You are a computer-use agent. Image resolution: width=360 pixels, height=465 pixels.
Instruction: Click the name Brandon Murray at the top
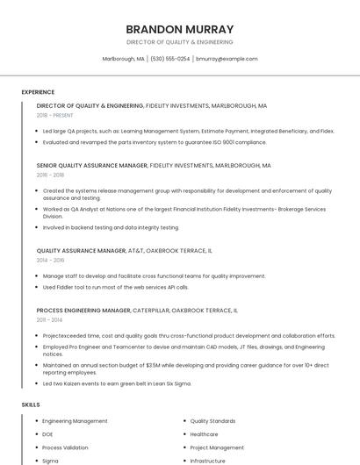click(179, 29)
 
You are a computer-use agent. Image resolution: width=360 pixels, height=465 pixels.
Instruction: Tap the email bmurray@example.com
click(227, 59)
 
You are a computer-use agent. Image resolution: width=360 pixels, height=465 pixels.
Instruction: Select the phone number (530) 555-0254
click(170, 59)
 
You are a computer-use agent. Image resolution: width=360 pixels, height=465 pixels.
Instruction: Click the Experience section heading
click(38, 92)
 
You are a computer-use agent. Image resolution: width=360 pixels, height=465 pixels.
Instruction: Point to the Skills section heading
click(30, 404)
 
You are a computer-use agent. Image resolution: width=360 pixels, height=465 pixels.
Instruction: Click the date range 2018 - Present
click(55, 115)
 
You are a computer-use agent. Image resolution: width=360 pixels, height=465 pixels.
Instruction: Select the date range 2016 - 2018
click(50, 175)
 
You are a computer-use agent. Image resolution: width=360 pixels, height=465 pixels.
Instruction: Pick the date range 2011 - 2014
click(49, 319)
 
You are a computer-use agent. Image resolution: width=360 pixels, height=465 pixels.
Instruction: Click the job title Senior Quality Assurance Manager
click(92, 165)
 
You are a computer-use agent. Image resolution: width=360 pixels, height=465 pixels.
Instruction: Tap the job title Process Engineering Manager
click(83, 310)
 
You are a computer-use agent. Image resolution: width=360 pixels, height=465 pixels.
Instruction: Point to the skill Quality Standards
click(212, 421)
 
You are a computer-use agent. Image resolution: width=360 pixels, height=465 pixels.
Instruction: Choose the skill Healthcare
click(204, 434)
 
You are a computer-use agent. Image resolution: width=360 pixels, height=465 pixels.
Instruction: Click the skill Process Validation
click(65, 447)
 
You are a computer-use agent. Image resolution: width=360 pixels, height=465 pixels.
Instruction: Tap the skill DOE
click(47, 434)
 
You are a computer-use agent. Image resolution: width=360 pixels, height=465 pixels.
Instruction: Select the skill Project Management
click(217, 447)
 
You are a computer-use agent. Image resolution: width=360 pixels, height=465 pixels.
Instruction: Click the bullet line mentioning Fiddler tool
click(115, 287)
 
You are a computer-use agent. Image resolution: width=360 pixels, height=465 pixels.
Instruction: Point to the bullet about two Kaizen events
click(116, 383)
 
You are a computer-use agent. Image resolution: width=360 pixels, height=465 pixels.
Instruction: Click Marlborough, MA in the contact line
click(124, 59)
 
